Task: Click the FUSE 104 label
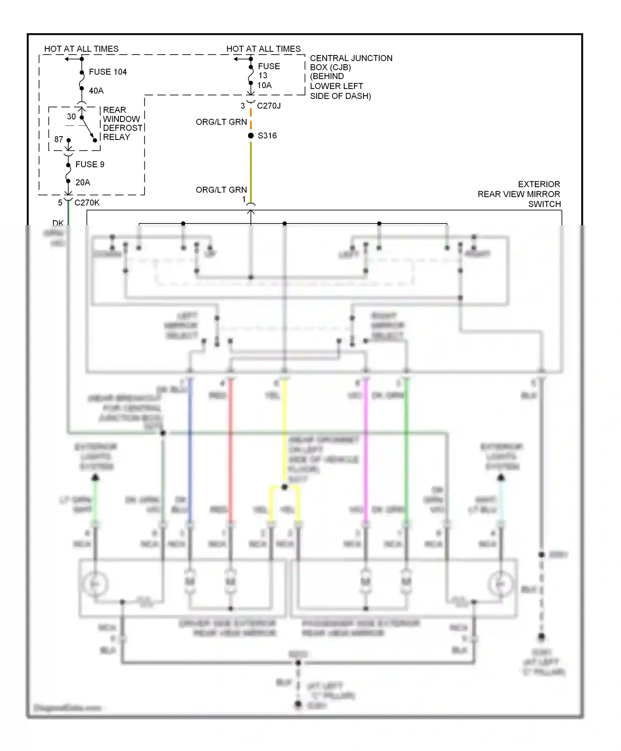tap(108, 72)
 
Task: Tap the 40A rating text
tap(96, 91)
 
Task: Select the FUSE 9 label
tap(90, 164)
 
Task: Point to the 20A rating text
tap(82, 182)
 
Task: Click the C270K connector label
tap(87, 202)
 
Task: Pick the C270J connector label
tap(269, 106)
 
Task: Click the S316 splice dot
tap(251, 136)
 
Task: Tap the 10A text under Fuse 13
tap(265, 85)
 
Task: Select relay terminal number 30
tap(71, 117)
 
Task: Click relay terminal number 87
tap(59, 140)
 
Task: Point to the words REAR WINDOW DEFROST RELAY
tap(122, 123)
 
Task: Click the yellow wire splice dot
tap(284, 487)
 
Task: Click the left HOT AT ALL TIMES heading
tap(81, 49)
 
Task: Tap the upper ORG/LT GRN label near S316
tap(221, 122)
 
